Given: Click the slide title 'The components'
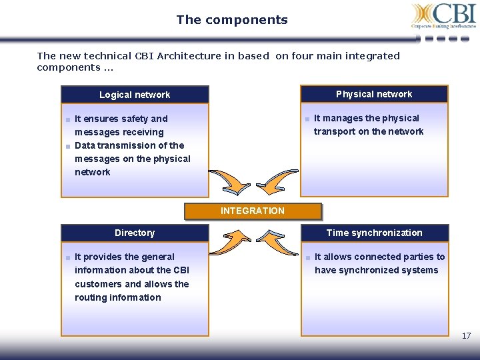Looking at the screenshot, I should pyautogui.click(x=232, y=20).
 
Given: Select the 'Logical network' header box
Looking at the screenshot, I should pyautogui.click(x=135, y=95).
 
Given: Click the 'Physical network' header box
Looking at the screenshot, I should pyautogui.click(x=374, y=94).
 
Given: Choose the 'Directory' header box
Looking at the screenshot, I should pyautogui.click(x=135, y=233).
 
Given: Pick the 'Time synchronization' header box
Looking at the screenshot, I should pyautogui.click(x=374, y=233).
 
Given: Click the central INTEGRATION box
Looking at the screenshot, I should pyautogui.click(x=253, y=211).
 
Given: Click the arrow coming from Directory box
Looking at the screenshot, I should pyautogui.click(x=236, y=237).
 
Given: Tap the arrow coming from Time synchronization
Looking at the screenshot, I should pyautogui.click(x=273, y=237).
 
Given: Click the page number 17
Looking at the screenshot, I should pyautogui.click(x=467, y=336).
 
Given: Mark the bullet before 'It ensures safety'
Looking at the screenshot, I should pyautogui.click(x=68, y=119).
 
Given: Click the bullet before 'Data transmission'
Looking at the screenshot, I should pyautogui.click(x=68, y=146).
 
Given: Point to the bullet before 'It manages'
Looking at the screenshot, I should pyautogui.click(x=307, y=119).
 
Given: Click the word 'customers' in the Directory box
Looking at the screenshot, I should pyautogui.click(x=97, y=284).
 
